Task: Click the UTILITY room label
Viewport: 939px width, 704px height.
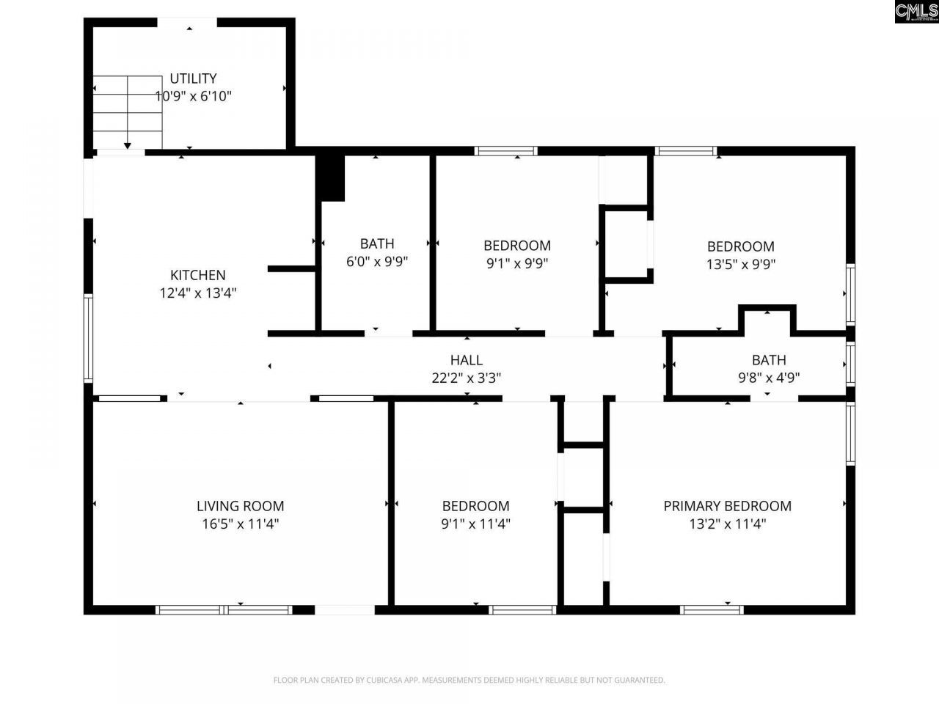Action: (193, 78)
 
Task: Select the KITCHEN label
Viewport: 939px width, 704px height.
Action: (197, 275)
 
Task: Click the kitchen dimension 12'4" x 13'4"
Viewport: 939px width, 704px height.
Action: (197, 293)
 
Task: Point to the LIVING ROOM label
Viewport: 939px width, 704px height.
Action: (240, 505)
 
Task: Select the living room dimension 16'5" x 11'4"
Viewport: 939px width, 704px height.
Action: (240, 524)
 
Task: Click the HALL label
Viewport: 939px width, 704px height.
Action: (466, 359)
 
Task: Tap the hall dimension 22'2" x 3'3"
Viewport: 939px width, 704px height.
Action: (466, 378)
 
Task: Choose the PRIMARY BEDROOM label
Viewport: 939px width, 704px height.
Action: (727, 505)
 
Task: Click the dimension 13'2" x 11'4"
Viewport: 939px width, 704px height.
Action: (727, 524)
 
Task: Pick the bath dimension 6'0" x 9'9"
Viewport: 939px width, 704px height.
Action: (377, 262)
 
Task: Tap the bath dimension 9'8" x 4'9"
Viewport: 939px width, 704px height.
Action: (768, 378)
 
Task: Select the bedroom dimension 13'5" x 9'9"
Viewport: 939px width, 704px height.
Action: (740, 264)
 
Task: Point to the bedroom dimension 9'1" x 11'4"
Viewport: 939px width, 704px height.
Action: (475, 524)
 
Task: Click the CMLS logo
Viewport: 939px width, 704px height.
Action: (916, 12)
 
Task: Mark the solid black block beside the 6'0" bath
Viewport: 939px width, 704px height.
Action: (331, 177)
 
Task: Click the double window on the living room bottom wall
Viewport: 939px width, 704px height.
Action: (224, 609)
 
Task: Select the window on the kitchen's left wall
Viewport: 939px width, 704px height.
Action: (88, 337)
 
